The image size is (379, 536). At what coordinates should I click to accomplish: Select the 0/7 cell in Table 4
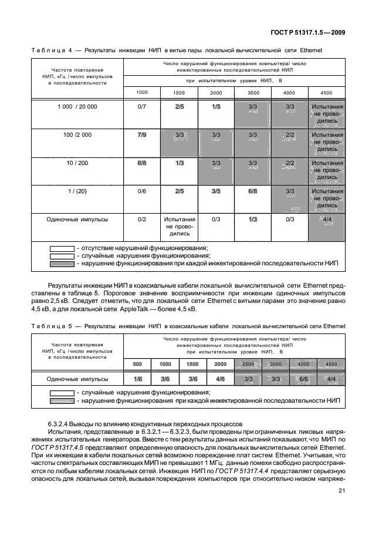coord(141,107)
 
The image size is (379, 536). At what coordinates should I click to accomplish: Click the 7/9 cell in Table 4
coord(141,135)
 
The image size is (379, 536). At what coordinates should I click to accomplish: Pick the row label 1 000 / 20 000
coord(77,107)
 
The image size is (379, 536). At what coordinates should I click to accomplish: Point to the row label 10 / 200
coord(77,163)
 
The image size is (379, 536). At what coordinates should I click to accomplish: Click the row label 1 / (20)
coord(77,191)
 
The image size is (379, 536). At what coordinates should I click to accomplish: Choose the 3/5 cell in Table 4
coord(216,191)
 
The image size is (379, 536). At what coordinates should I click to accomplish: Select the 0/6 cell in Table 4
coord(141,191)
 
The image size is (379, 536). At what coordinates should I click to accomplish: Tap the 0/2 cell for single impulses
coord(141,219)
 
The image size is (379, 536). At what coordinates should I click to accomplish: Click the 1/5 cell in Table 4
coord(216,107)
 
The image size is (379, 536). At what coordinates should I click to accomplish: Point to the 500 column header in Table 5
coord(137,364)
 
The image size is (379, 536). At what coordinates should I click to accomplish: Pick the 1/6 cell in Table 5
coord(138,379)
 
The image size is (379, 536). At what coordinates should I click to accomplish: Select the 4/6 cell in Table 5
coord(220,379)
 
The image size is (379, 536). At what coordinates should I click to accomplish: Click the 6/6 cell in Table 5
coord(303,379)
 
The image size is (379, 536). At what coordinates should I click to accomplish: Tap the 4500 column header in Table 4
coord(327,93)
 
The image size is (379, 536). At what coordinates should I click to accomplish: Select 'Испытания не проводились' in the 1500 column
coord(178,226)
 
